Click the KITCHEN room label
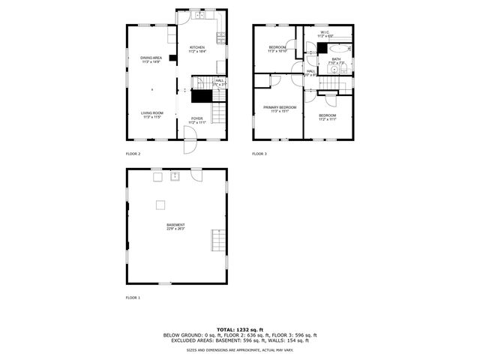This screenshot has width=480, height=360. tap(197, 47)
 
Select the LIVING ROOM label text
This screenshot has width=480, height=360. tap(152, 113)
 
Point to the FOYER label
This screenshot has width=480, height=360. tap(196, 118)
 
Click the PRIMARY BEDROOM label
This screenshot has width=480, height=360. tap(279, 107)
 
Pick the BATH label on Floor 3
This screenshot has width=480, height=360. tap(336, 59)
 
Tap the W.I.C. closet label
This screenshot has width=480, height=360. tap(325, 33)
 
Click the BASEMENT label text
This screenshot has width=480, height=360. tap(175, 225)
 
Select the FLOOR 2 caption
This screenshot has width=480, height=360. tap(133, 154)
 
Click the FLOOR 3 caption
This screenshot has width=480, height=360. tap(259, 154)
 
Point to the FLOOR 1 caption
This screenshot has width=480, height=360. tap(133, 298)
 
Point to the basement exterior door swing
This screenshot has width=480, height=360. tap(196, 174)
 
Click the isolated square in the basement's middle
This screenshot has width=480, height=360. tap(160, 204)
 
